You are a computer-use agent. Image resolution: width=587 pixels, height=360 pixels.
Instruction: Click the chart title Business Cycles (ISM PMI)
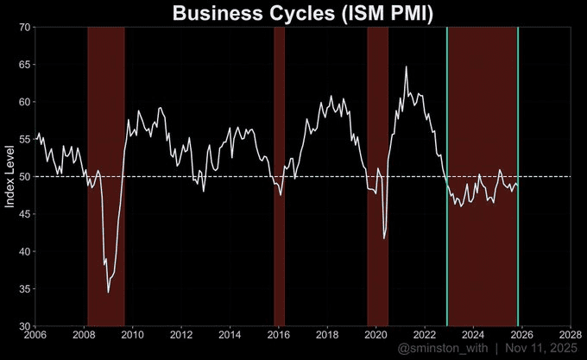tap(301, 13)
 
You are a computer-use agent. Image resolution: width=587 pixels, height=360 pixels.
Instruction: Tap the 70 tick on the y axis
tap(26, 28)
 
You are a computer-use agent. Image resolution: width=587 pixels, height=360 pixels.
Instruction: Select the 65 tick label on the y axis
tap(26, 65)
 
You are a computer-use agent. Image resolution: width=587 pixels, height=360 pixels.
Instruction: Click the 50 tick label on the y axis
tap(26, 177)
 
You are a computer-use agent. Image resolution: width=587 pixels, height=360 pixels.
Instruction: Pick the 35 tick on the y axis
tap(26, 289)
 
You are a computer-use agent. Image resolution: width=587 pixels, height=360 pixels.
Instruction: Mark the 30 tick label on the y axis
tap(26, 326)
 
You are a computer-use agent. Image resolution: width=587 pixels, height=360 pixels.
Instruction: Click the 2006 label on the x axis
tap(35, 334)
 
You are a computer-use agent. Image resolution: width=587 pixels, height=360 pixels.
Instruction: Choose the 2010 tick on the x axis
tap(133, 334)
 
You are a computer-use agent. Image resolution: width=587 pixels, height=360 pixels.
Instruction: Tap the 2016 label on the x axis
tap(278, 334)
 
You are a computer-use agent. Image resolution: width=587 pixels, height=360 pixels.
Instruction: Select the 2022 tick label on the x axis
tap(424, 334)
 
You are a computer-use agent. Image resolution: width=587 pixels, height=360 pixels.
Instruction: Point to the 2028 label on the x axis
tap(570, 334)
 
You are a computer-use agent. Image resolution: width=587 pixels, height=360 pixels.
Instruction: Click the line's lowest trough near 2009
tap(108, 293)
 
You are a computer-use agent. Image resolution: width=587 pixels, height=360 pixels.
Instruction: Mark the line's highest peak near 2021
tap(407, 66)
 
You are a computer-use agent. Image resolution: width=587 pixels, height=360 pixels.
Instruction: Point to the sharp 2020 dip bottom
tap(384, 238)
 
